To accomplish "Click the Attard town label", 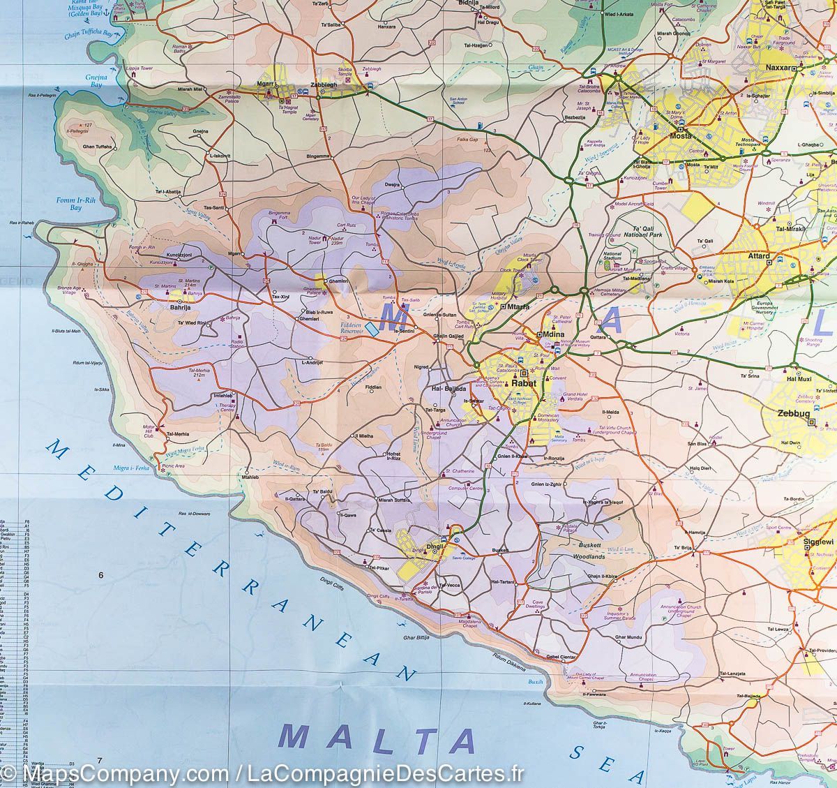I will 758,256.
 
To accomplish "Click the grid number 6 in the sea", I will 101,575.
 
